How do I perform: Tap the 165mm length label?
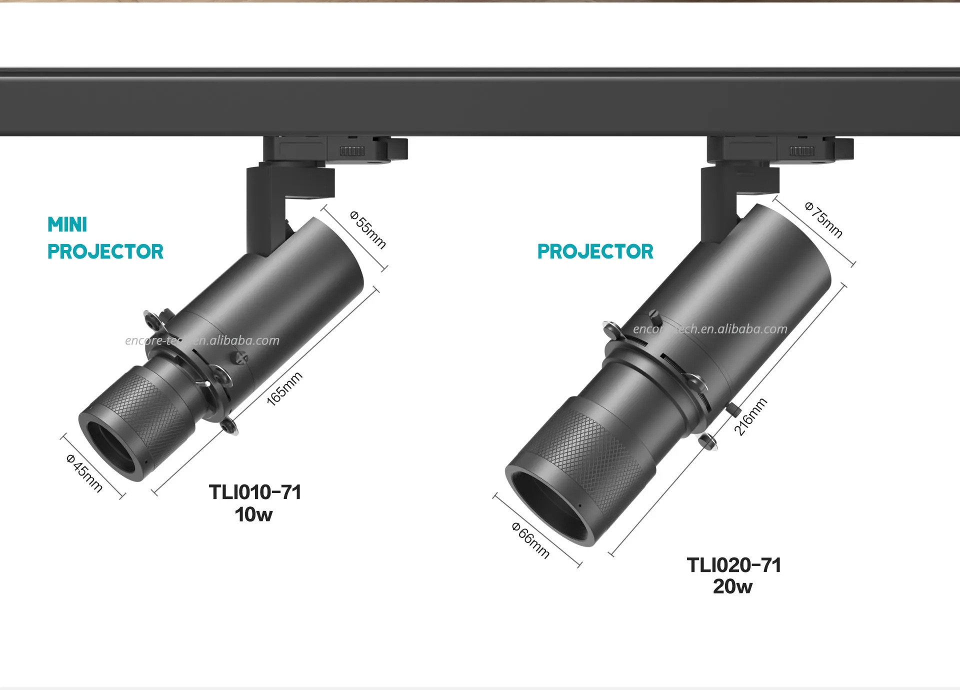point(284,388)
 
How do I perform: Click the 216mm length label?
point(750,416)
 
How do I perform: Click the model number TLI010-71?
point(255,492)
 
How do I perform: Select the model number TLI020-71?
point(733,565)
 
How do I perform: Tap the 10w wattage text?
point(253,514)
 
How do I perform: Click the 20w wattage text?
point(732,586)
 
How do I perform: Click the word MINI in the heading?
point(67,225)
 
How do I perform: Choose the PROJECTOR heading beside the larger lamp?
point(595,251)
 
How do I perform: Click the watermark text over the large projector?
point(710,329)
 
